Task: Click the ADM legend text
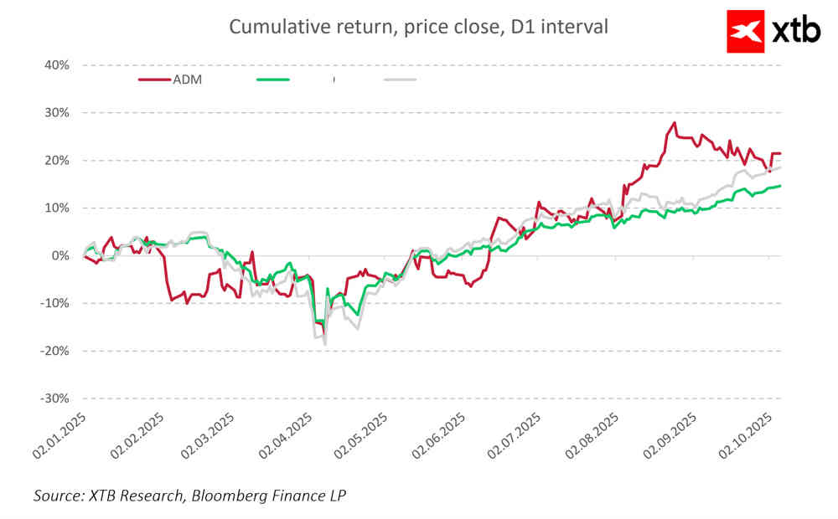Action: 188,80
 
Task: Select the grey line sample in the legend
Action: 400,80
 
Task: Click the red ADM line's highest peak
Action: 674,123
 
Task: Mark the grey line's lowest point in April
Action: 324,343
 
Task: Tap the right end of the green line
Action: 780,186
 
